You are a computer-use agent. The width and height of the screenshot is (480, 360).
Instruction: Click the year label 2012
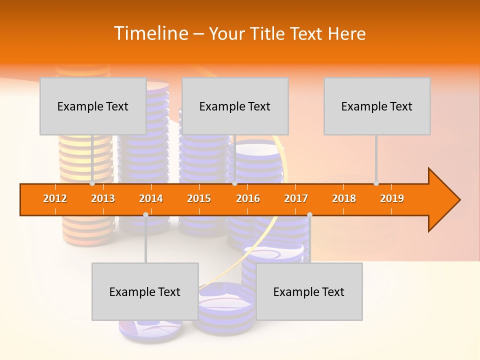coord(55,198)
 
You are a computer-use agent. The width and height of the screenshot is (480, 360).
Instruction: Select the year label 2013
coord(103,198)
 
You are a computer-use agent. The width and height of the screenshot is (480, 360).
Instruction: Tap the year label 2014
coord(151,198)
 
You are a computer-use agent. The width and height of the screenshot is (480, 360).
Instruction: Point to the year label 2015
coord(199,198)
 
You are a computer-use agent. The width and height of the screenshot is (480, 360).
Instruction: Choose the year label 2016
coord(248,198)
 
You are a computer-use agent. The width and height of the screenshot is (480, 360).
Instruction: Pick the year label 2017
coord(296,198)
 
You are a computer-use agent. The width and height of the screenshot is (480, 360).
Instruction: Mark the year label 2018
coord(344,198)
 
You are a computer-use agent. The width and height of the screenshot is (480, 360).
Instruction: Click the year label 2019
coord(392,198)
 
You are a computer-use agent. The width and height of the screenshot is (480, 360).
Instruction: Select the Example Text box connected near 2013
coord(93,106)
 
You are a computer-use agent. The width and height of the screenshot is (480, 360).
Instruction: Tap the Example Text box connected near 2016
coord(235,106)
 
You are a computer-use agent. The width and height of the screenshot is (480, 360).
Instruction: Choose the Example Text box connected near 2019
coord(377,106)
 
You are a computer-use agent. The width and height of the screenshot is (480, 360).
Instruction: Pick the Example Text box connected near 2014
coord(145,291)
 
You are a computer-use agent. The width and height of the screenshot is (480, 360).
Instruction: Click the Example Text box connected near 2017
coord(309,291)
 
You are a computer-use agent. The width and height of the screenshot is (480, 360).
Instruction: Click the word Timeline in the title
coord(150,33)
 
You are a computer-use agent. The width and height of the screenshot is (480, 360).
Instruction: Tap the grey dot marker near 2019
coord(376,183)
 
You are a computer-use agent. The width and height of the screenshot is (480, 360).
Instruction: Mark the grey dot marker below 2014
coord(145,214)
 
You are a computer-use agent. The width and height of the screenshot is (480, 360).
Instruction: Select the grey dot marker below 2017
coord(309,214)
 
